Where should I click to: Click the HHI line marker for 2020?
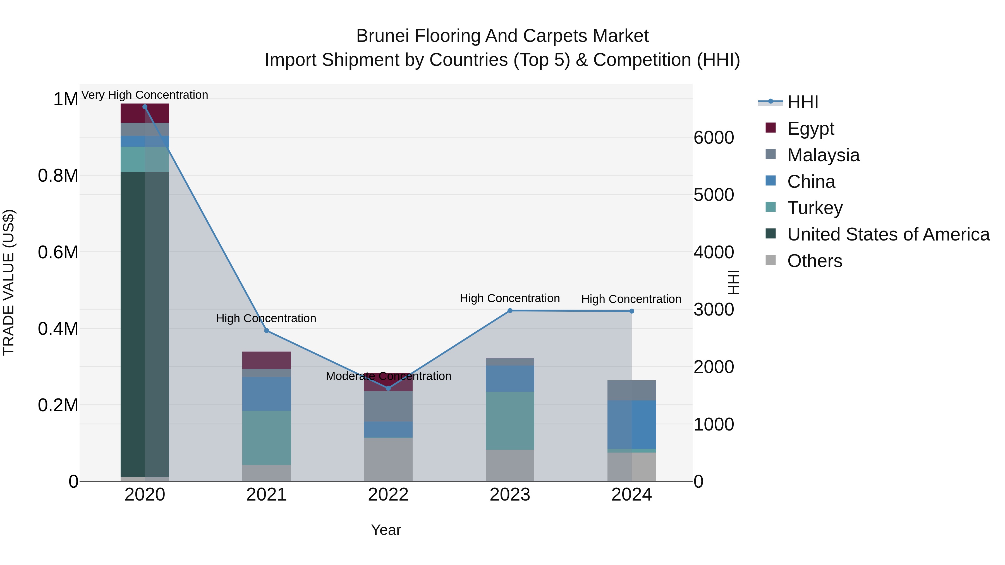tap(145, 107)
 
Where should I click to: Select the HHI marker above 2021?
tap(267, 331)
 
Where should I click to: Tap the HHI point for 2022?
tap(388, 388)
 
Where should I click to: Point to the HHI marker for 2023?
tap(510, 311)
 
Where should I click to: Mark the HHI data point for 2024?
tap(632, 311)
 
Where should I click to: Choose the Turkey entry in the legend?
tap(814, 208)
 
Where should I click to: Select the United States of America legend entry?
tap(888, 234)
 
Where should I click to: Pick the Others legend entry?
tap(814, 261)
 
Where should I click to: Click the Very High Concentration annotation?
tap(145, 95)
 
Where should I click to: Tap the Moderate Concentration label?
tap(388, 376)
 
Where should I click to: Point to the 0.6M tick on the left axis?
tap(58, 252)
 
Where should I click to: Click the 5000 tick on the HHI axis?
tap(714, 195)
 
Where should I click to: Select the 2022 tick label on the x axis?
tap(388, 495)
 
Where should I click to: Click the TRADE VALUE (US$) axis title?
tap(9, 282)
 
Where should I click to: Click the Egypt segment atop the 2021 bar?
tap(267, 360)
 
